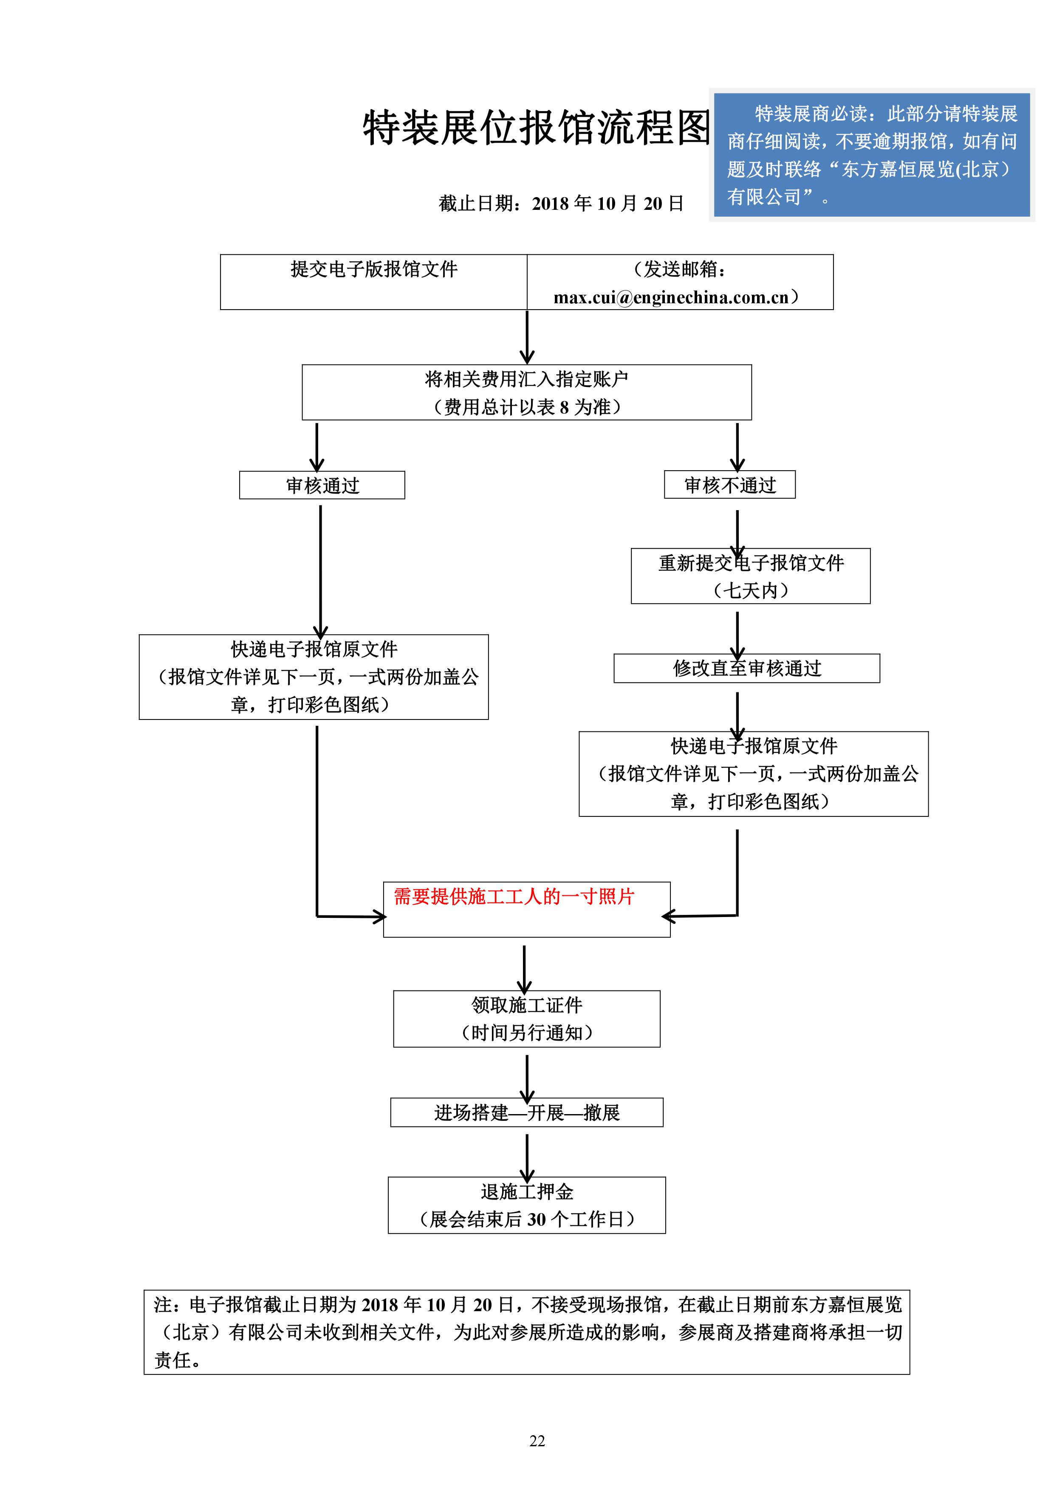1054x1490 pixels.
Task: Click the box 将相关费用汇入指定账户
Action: point(526,392)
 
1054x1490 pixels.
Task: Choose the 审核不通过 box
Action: point(729,485)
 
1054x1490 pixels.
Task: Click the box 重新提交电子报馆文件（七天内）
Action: point(750,576)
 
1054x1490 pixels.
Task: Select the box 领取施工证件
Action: point(526,1018)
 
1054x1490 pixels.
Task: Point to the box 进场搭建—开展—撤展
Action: point(526,1112)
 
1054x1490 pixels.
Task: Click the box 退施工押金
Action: point(526,1205)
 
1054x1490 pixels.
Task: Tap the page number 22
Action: point(537,1441)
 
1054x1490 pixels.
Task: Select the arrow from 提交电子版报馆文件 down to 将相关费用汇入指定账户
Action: point(527,337)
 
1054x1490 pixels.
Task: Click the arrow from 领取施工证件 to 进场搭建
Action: point(527,1077)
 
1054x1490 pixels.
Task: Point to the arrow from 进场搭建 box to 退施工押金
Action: point(527,1157)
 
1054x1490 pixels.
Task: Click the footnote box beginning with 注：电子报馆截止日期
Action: point(526,1332)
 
